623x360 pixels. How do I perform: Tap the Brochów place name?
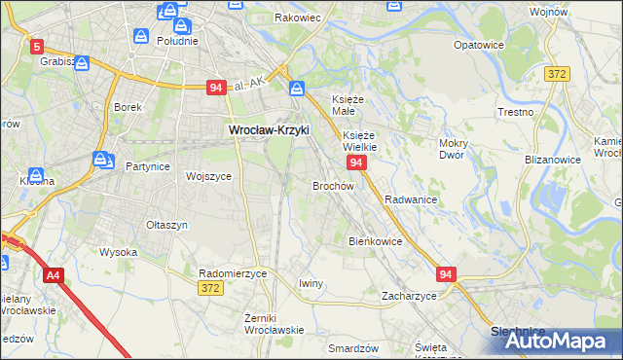[332, 185]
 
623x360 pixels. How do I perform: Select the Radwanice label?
[410, 198]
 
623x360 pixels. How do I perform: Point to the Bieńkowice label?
[375, 240]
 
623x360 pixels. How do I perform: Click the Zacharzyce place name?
[409, 295]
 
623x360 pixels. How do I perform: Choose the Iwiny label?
[311, 283]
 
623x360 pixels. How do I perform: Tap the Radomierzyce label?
[233, 274]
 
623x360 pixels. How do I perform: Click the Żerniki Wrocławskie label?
[275, 322]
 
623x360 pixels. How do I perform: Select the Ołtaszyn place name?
[166, 225]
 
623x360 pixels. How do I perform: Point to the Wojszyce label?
[208, 176]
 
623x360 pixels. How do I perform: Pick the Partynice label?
[148, 166]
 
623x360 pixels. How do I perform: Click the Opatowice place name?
[479, 45]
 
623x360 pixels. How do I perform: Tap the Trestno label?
[515, 112]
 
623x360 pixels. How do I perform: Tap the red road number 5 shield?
[37, 46]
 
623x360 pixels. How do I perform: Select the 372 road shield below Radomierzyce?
[210, 288]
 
